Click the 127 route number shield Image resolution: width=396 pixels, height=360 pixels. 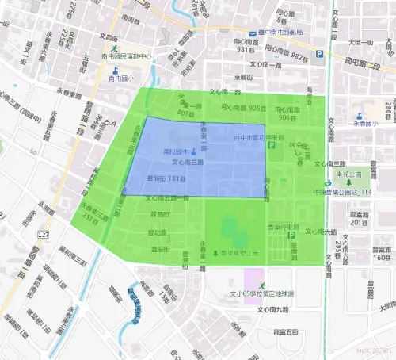tap(43, 236)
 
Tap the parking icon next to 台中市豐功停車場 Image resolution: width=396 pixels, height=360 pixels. tap(271, 147)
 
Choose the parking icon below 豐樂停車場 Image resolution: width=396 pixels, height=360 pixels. tap(290, 236)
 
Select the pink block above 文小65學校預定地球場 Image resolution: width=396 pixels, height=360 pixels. tap(254, 281)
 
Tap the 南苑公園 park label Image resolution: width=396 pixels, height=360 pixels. tap(348, 174)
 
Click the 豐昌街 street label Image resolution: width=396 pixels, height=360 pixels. tap(159, 214)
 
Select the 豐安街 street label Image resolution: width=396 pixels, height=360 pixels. tap(159, 249)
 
